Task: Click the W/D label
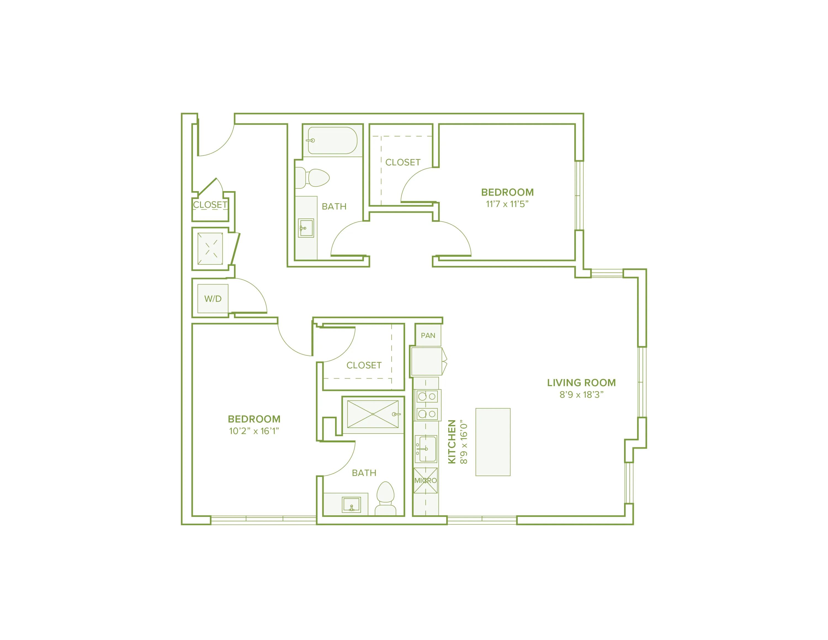(213, 299)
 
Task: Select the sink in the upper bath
(306, 228)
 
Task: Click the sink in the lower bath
(351, 505)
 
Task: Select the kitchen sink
(426, 449)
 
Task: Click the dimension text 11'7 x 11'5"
(507, 204)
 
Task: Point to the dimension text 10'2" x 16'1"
(254, 431)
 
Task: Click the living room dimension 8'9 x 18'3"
(581, 395)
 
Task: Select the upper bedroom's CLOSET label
(403, 162)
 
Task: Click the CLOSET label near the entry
(210, 205)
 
